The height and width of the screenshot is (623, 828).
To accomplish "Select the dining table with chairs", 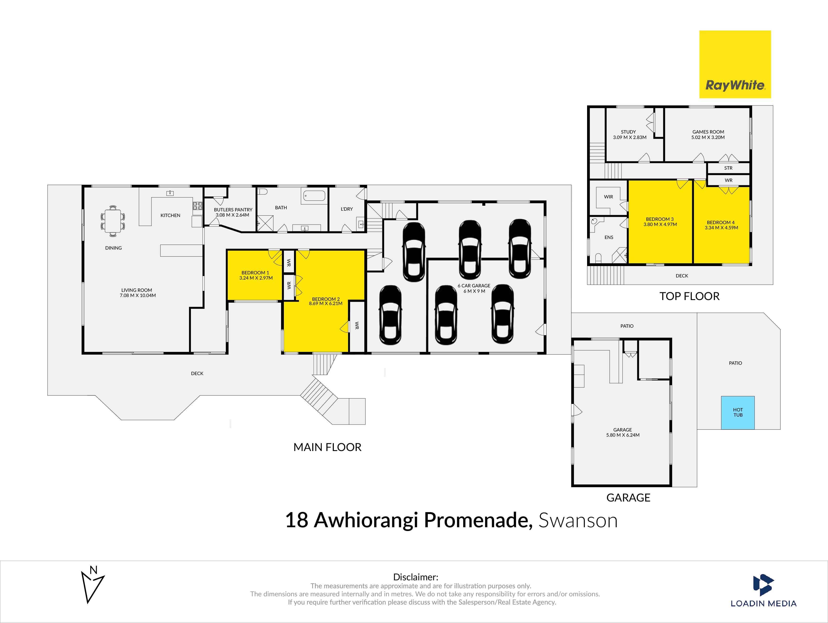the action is [x=113, y=221].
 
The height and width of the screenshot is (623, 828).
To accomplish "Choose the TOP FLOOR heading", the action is [x=689, y=296].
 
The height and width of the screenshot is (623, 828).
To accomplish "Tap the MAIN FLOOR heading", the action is [x=328, y=447].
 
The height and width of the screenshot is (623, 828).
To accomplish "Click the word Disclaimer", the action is [x=416, y=577].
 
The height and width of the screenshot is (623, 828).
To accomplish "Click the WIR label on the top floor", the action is [x=609, y=197].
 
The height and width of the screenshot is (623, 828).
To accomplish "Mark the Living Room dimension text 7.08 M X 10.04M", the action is [x=138, y=296].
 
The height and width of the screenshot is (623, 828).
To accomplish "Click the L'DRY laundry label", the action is [x=347, y=209].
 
